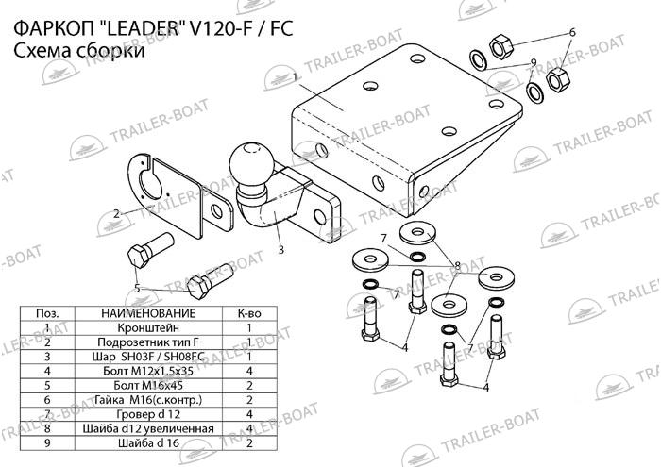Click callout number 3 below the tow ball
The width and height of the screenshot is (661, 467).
point(280,250)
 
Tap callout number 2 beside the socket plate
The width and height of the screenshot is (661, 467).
point(117,213)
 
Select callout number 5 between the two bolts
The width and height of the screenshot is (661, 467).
point(137,289)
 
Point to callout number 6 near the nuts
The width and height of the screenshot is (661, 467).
point(572,32)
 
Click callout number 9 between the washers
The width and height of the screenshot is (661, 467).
point(534,63)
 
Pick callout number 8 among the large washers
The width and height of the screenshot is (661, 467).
point(458,265)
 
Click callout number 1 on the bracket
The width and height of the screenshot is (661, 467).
point(296,76)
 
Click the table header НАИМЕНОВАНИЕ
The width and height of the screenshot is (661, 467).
point(148,313)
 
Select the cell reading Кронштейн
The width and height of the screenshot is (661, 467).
point(148,327)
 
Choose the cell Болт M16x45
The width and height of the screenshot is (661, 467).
point(148,385)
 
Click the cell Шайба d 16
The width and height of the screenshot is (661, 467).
point(148,443)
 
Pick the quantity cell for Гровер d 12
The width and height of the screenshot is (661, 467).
point(249,414)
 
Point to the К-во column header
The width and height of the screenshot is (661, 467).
point(249,313)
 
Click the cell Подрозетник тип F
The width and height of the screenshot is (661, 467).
point(148,342)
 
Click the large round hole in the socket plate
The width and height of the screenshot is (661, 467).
point(149,184)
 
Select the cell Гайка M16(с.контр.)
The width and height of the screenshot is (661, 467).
point(148,400)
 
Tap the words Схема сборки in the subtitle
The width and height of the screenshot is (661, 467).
point(79,51)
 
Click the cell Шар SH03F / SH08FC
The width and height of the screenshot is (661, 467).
point(148,357)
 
